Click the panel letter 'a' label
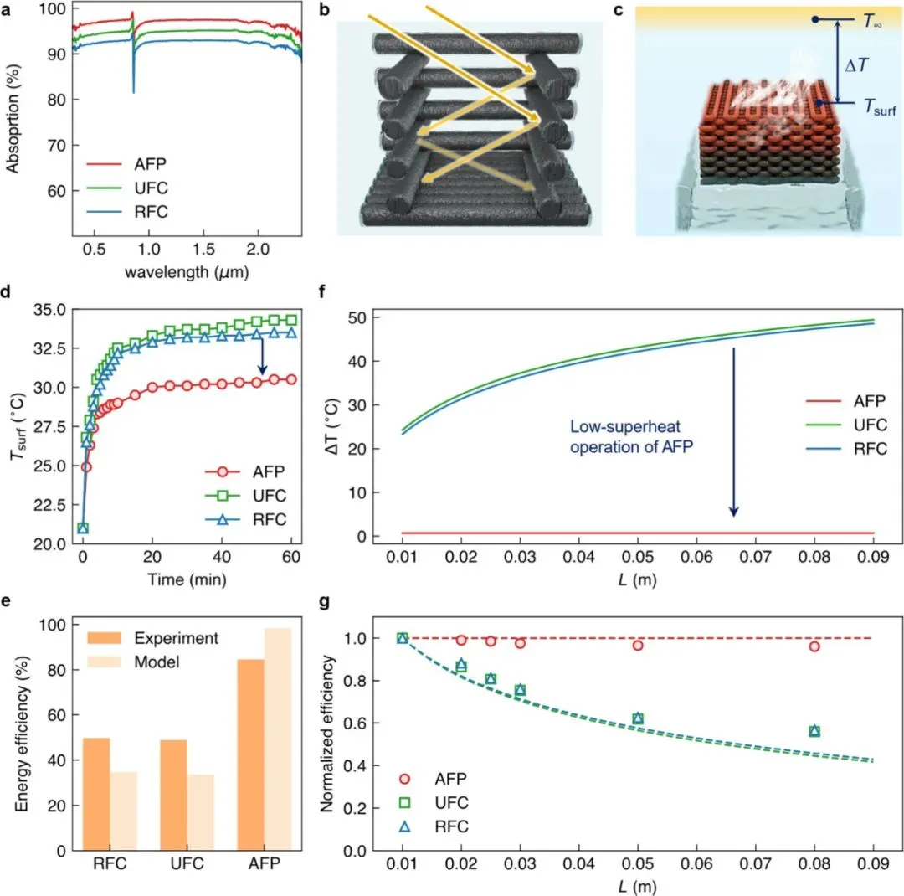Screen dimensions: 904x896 6,10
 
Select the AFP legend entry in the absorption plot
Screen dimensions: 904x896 127,164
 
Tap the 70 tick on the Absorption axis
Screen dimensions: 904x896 56,146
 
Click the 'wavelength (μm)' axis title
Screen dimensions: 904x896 187,272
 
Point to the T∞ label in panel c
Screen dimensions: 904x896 871,21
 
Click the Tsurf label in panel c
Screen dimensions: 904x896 880,107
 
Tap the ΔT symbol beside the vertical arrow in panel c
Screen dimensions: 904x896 856,65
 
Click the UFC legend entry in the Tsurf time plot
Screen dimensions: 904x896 245,496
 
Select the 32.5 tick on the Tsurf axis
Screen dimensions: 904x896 49,348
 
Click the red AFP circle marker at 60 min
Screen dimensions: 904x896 291,379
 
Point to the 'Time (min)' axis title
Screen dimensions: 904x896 187,579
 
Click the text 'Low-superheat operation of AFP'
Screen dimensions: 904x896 631,437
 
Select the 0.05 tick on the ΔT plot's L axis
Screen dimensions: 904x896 638,557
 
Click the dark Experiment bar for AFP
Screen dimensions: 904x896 250,754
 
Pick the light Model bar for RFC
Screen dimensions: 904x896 123,811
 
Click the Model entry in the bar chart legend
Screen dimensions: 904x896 134,662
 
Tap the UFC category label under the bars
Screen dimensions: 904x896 187,863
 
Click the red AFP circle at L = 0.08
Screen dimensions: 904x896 814,646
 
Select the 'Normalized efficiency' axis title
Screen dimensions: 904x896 327,734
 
